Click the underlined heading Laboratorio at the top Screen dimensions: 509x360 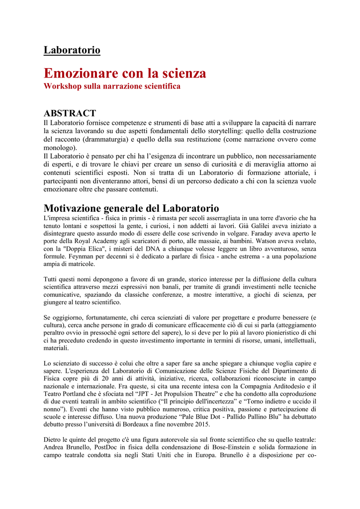click(72, 50)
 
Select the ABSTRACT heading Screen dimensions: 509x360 click(70, 113)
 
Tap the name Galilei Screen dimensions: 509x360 click(258, 226)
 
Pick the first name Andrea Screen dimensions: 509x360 click(56, 447)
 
